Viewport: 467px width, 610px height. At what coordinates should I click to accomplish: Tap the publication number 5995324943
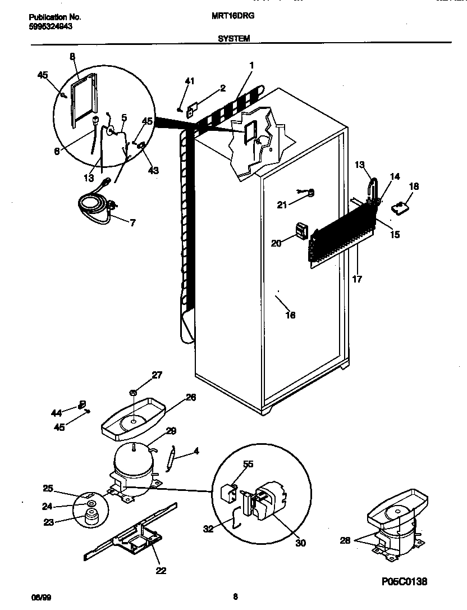(x=50, y=26)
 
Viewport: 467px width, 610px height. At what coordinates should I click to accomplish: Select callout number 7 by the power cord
(x=133, y=223)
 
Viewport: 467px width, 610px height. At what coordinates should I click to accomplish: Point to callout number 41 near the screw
(x=189, y=82)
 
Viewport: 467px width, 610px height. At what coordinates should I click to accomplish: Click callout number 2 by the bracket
(x=223, y=88)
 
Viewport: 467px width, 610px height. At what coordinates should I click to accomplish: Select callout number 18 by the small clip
(x=414, y=186)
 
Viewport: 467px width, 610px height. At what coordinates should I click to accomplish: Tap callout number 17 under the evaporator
(x=357, y=279)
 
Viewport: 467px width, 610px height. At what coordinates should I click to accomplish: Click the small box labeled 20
(x=303, y=230)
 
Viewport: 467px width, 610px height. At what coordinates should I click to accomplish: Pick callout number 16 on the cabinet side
(x=290, y=315)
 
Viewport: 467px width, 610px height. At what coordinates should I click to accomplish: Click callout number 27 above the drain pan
(x=156, y=375)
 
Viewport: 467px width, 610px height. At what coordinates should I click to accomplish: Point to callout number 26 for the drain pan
(x=191, y=397)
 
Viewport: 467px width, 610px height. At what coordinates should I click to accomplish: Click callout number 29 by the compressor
(x=171, y=431)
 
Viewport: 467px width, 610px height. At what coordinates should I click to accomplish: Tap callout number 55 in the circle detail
(x=248, y=465)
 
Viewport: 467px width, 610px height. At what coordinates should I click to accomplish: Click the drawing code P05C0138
(x=403, y=581)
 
